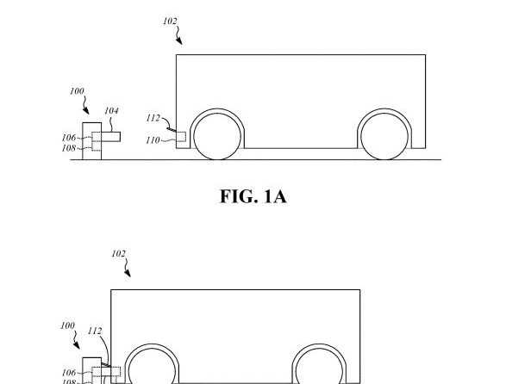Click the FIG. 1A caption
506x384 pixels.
point(252,197)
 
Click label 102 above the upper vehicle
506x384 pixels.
point(170,22)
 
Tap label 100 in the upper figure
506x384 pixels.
point(78,90)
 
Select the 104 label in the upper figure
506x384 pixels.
point(111,111)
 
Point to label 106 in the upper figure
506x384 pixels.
point(68,138)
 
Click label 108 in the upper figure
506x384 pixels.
point(68,147)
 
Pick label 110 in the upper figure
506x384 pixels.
point(152,139)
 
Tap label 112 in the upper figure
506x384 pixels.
point(153,119)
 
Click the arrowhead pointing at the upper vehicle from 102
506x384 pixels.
point(179,40)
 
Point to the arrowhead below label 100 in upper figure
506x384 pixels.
point(86,110)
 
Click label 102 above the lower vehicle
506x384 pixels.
point(119,254)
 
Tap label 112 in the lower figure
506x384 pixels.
point(95,331)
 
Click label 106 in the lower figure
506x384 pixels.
point(68,372)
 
